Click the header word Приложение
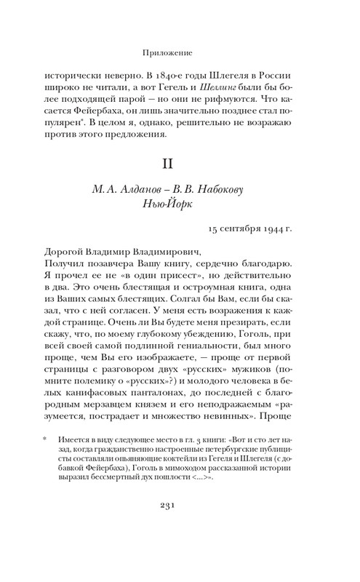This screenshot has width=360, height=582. [180, 52]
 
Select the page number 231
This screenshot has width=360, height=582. [180, 529]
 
